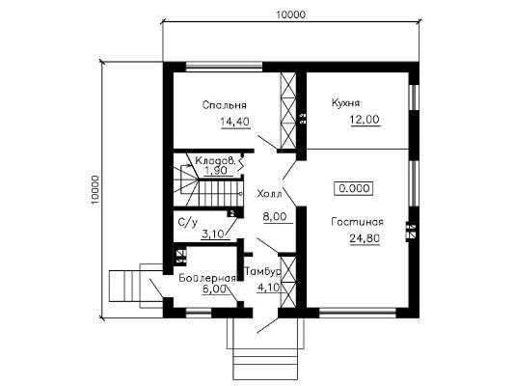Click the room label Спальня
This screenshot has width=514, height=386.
point(225,105)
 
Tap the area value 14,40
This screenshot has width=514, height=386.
point(235,122)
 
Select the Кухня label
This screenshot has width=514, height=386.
point(345,102)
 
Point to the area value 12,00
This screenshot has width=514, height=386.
point(365,120)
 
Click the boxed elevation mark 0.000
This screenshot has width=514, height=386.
point(354,188)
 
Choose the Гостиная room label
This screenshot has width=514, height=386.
point(358,222)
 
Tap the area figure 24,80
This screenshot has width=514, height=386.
point(365,238)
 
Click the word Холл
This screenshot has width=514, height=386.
point(269,194)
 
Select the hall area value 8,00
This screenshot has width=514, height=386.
point(275,216)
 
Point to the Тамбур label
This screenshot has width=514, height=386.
point(263,271)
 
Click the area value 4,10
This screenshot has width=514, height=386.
point(268,288)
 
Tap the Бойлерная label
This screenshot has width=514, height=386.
point(207,278)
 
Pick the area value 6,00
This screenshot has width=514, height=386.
point(214,289)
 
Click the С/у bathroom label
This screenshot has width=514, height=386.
point(188,223)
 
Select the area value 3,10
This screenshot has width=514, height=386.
point(213,234)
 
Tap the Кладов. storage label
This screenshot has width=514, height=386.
point(215,161)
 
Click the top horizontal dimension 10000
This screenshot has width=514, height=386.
point(290,14)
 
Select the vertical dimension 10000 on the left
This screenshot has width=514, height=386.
point(95,190)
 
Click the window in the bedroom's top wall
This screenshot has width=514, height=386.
point(225,67)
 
